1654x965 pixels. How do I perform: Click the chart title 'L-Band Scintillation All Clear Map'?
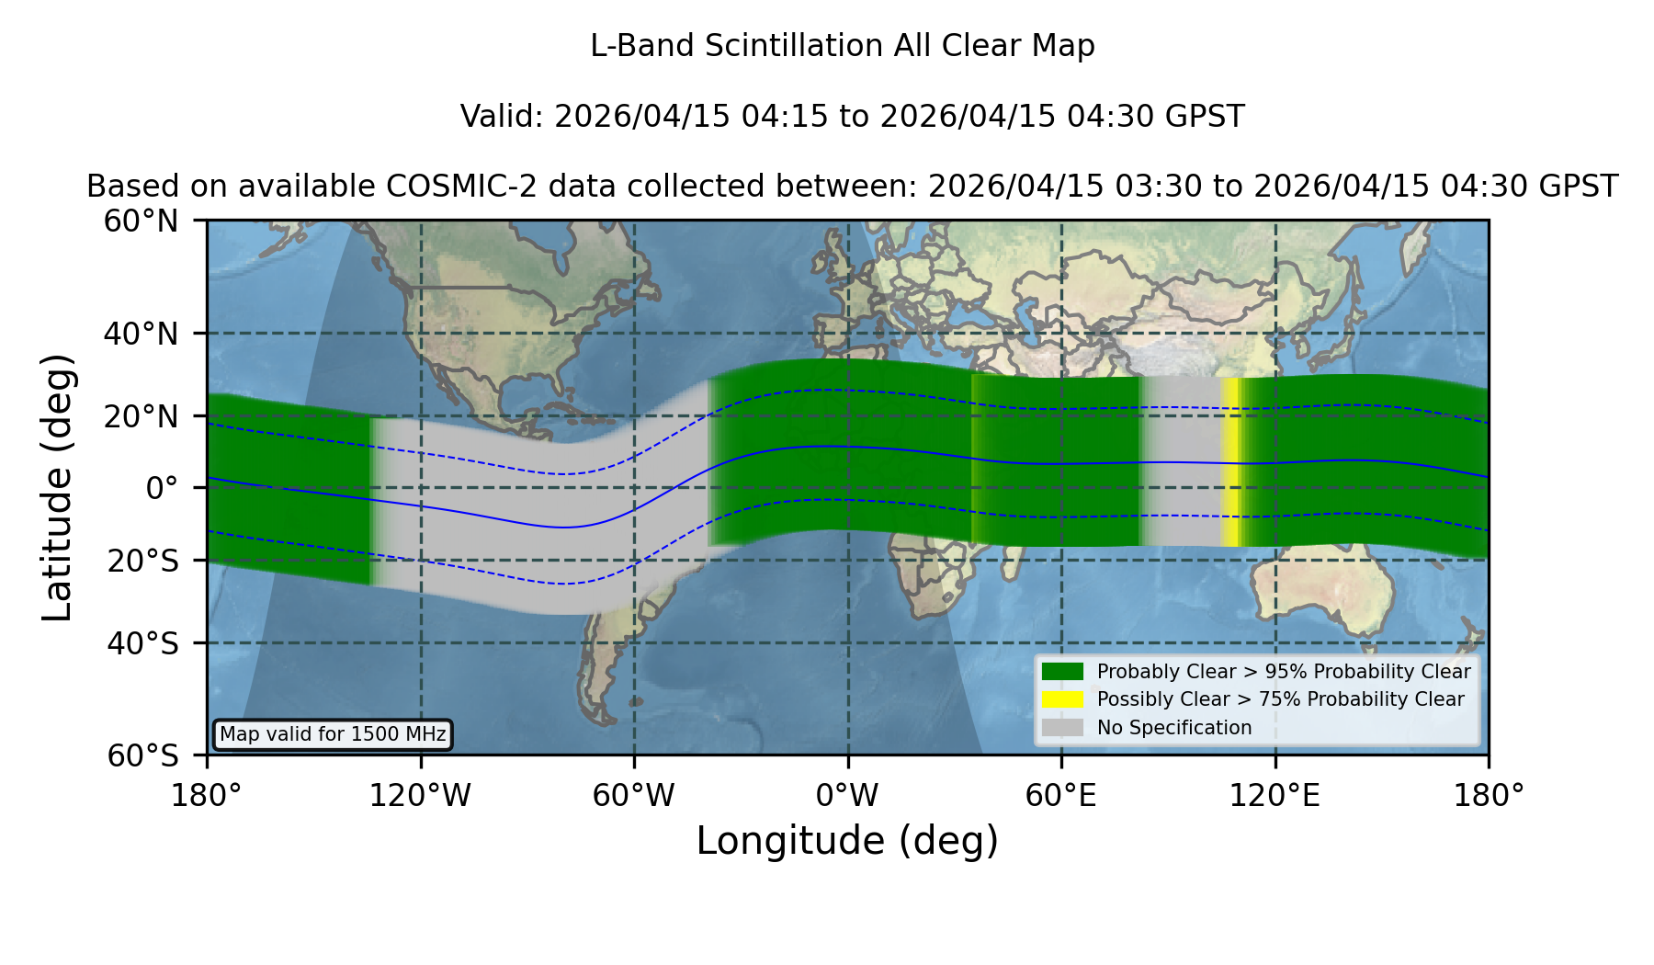tap(843, 46)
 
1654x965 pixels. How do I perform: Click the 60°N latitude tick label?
tap(141, 221)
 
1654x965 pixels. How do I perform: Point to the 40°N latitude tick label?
tap(141, 334)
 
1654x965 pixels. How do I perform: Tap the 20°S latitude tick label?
tap(142, 560)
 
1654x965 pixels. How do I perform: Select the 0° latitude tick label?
tap(162, 488)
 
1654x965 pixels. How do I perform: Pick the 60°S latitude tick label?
tap(142, 755)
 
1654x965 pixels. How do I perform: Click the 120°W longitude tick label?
tap(420, 796)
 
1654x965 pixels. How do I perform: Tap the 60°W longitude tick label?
tap(634, 796)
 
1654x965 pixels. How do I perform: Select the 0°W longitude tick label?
tap(847, 796)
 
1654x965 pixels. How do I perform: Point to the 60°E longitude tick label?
tap(1061, 796)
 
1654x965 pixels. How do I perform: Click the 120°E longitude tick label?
tap(1274, 796)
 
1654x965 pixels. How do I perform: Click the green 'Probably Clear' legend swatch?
tap(1063, 671)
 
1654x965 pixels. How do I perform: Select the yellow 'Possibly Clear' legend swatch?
tap(1063, 698)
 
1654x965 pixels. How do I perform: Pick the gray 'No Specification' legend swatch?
tap(1063, 727)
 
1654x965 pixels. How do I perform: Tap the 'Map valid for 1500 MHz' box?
tap(333, 734)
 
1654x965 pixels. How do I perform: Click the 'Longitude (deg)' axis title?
tap(847, 841)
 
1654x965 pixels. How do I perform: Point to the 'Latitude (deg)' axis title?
tap(57, 488)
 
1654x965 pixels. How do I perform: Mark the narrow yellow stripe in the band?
tap(1229, 462)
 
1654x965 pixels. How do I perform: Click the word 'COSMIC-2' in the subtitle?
tap(447, 187)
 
